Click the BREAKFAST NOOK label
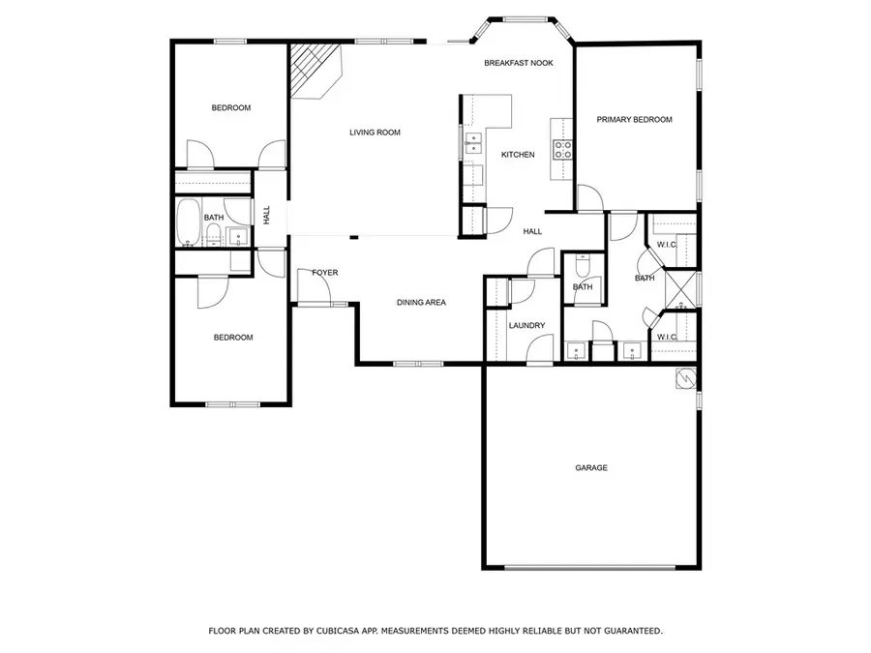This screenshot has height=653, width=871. coord(519,63)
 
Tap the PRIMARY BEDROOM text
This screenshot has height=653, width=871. coord(634,120)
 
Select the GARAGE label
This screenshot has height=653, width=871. coord(591,468)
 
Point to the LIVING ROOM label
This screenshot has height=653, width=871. coord(375,133)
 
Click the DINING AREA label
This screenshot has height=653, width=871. coord(421,303)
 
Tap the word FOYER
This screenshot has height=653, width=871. coord(325,273)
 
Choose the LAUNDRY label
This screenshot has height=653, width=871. coord(527,326)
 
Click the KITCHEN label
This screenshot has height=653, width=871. coord(518,155)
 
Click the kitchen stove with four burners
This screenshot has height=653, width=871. coord(562,148)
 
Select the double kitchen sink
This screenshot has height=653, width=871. coord(473,144)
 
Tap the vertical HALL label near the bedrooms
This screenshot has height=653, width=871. coord(267,218)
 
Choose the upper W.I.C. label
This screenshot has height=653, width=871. coord(666,245)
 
